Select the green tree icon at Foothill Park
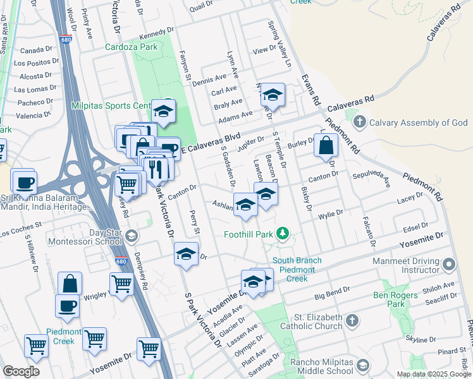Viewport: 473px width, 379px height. (x=283, y=234)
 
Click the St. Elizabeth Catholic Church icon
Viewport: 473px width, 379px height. (x=353, y=321)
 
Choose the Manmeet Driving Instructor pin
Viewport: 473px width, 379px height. (x=449, y=264)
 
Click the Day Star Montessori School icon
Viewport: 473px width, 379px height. (x=131, y=237)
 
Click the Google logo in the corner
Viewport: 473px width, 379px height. (x=21, y=371)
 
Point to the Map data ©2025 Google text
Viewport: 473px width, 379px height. (x=434, y=374)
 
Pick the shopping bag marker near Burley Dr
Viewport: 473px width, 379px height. (x=326, y=145)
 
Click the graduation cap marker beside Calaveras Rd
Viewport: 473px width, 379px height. (x=273, y=95)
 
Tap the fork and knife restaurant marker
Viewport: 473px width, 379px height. (x=155, y=169)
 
